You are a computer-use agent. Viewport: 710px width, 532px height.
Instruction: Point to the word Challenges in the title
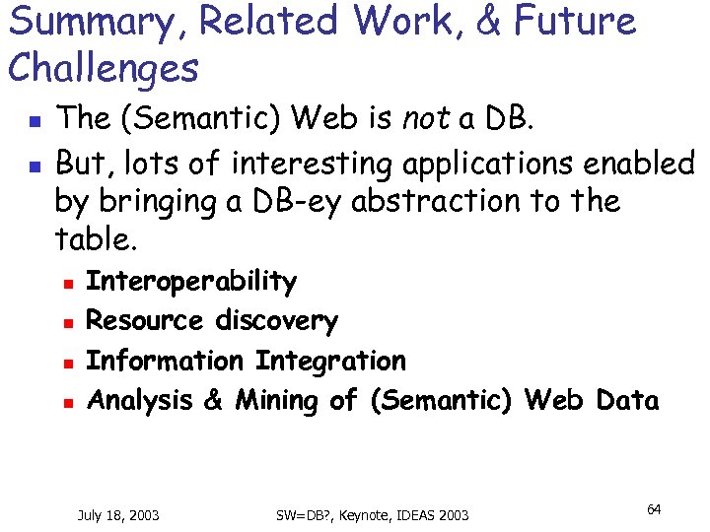[103, 69]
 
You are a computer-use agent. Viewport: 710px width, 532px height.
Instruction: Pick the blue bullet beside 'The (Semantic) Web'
[32, 122]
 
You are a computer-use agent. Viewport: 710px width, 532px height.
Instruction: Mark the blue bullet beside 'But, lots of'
[32, 162]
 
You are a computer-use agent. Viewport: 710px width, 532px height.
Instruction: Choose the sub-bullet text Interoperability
[190, 282]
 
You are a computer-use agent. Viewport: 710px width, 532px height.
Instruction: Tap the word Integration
[329, 362]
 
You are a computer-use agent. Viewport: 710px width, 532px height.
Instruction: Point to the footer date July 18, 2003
[118, 515]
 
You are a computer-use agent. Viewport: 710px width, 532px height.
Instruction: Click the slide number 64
[654, 509]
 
